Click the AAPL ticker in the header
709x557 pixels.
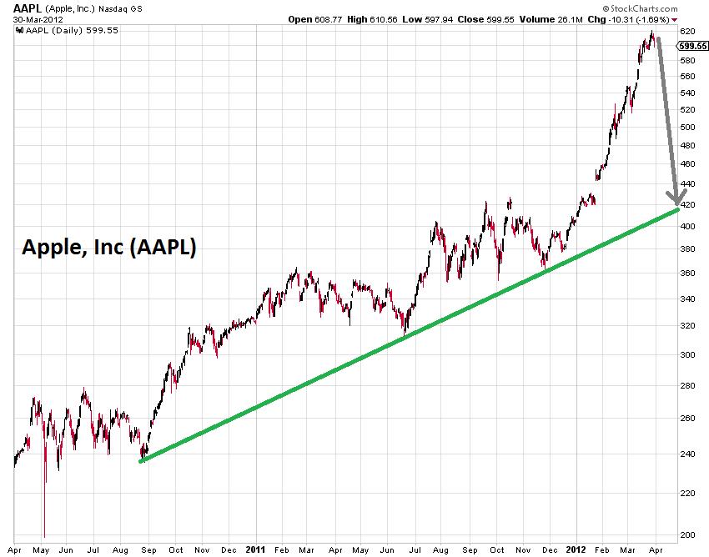28,8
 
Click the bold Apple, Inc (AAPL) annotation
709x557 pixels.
108,248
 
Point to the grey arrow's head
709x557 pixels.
676,200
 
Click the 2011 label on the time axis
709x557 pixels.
255,549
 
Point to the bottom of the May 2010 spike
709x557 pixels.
44,536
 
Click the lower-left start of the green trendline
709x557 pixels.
141,460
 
